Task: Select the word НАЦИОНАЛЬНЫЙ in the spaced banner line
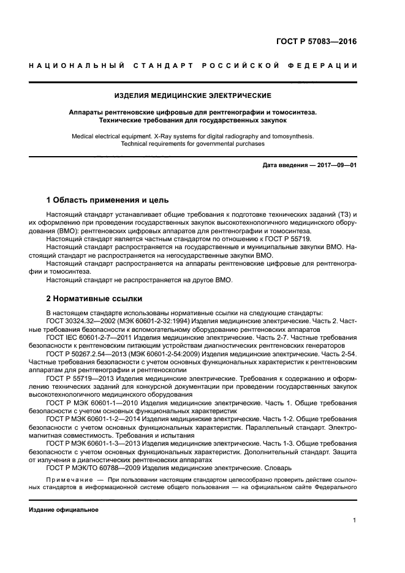(73, 66)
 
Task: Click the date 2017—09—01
(336, 165)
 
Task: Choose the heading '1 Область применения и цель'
(107, 200)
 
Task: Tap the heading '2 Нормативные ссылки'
(94, 299)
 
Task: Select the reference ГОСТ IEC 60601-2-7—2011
(89, 337)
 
